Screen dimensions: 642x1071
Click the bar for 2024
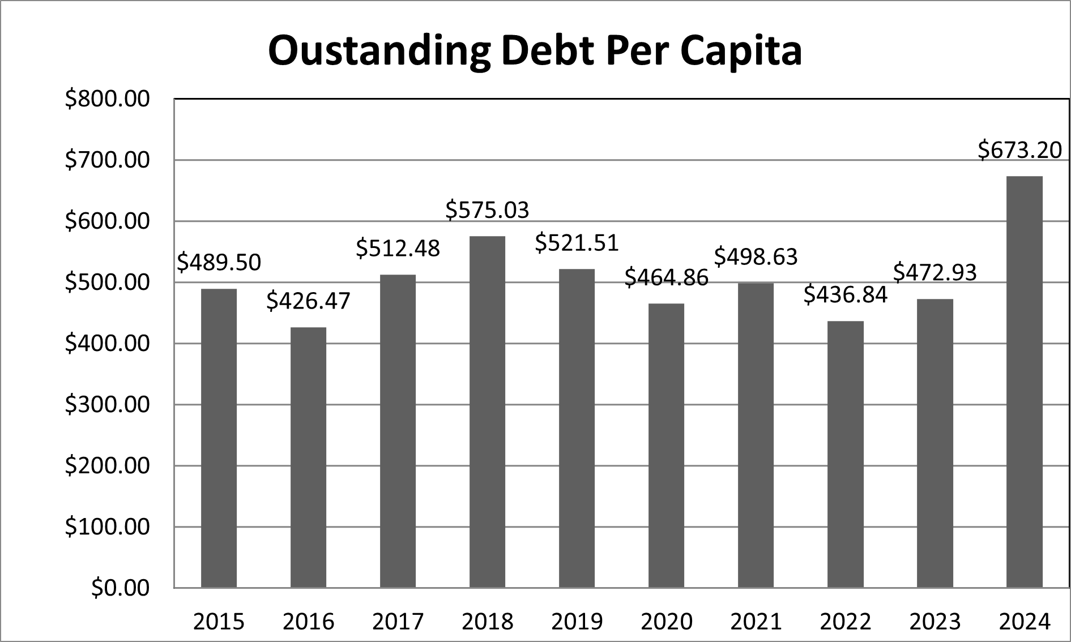point(1024,382)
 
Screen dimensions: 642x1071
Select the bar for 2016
point(308,457)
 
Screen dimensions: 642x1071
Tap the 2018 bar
point(487,412)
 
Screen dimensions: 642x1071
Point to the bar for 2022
point(845,455)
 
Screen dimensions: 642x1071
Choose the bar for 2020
point(666,446)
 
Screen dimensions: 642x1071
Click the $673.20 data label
point(1019,150)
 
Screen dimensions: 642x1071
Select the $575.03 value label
point(487,209)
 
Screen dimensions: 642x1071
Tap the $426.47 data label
point(308,301)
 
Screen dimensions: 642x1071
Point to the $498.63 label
point(756,256)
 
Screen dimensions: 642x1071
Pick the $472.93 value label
point(935,272)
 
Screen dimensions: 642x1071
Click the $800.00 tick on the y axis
point(107,99)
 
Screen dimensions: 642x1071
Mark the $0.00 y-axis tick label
point(120,588)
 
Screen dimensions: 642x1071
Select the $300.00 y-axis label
point(107,405)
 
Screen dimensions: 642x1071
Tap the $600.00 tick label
point(107,221)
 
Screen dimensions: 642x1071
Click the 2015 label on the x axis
point(219,622)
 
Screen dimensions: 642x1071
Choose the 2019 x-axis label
point(577,622)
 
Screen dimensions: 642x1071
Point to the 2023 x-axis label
point(935,622)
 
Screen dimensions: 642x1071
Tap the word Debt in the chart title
point(544,51)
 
